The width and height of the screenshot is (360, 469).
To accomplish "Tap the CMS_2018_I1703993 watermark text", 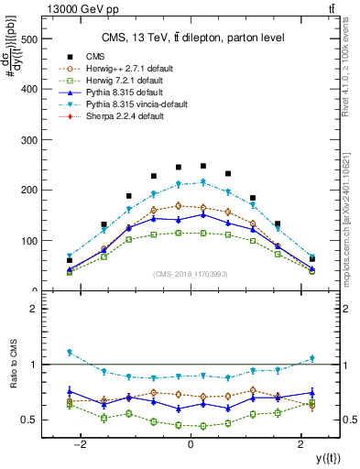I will point(191,275).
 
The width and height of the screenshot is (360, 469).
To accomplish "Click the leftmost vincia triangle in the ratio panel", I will point(69,352).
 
